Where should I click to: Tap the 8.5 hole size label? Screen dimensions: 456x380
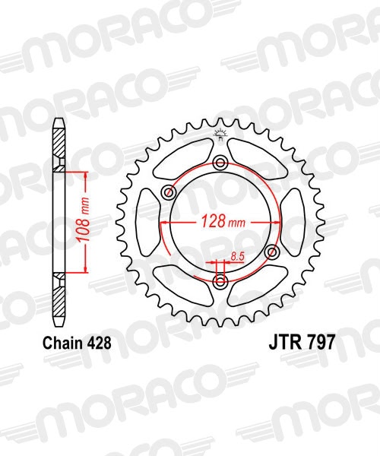[236, 258]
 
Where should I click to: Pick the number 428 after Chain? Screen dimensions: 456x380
[100, 344]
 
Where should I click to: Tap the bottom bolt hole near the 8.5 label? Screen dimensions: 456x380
[220, 282]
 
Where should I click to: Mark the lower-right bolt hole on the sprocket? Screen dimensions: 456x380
[272, 252]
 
